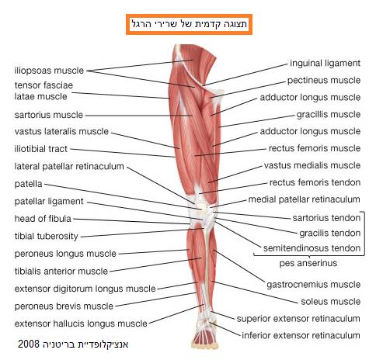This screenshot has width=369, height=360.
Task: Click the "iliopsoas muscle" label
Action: [49, 71]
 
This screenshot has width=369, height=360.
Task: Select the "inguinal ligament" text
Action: [325, 63]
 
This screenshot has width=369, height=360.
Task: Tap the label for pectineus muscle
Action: [324, 80]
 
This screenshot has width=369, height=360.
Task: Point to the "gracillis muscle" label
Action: [329, 114]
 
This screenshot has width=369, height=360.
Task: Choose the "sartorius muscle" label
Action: [49, 115]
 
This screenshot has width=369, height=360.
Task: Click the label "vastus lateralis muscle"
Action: [61, 131]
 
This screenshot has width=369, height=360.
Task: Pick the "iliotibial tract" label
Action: [41, 149]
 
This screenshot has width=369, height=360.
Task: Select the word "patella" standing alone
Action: [28, 184]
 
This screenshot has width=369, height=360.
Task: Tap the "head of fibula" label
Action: [43, 219]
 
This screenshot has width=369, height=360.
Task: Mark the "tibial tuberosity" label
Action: [47, 236]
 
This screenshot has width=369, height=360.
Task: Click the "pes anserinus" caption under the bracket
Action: [308, 263]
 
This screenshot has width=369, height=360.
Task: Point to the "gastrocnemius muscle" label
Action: [314, 285]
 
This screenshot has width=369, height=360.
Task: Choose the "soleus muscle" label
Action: [331, 302]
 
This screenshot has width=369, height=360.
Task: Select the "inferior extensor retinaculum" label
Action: [301, 335]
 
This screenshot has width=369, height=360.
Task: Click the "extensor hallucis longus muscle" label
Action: [81, 324]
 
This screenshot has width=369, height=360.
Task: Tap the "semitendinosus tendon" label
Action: [312, 248]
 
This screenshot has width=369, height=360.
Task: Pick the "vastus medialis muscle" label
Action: [312, 165]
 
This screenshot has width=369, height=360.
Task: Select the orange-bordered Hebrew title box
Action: [189, 24]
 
